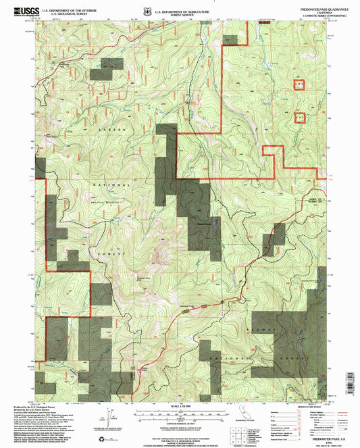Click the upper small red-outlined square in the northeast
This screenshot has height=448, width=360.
point(298,84)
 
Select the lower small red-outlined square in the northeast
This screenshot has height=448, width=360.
point(301,117)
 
